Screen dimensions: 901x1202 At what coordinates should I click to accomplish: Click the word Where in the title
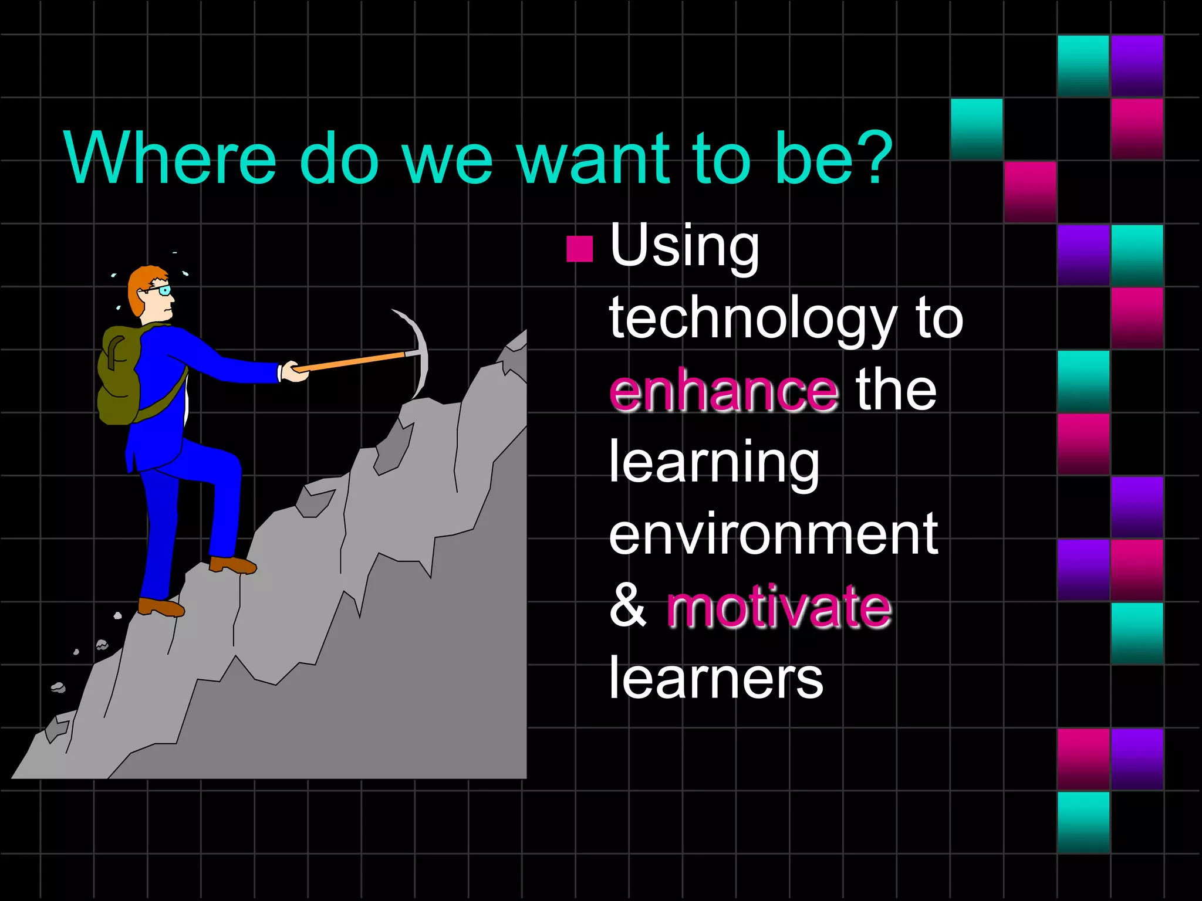(170, 157)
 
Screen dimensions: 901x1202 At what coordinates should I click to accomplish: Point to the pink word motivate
(779, 607)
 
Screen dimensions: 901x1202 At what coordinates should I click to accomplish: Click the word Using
(684, 246)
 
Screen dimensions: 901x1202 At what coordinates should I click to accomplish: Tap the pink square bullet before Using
(579, 249)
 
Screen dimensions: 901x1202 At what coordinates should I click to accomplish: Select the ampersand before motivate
(627, 606)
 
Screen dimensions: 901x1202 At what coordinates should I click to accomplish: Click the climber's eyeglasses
(161, 290)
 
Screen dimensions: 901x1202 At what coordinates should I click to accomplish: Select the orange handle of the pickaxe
(352, 361)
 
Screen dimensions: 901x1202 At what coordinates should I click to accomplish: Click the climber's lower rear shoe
(160, 607)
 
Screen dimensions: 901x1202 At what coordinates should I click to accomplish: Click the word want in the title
(593, 157)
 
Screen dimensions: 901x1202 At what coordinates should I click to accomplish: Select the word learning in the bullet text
(714, 463)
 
